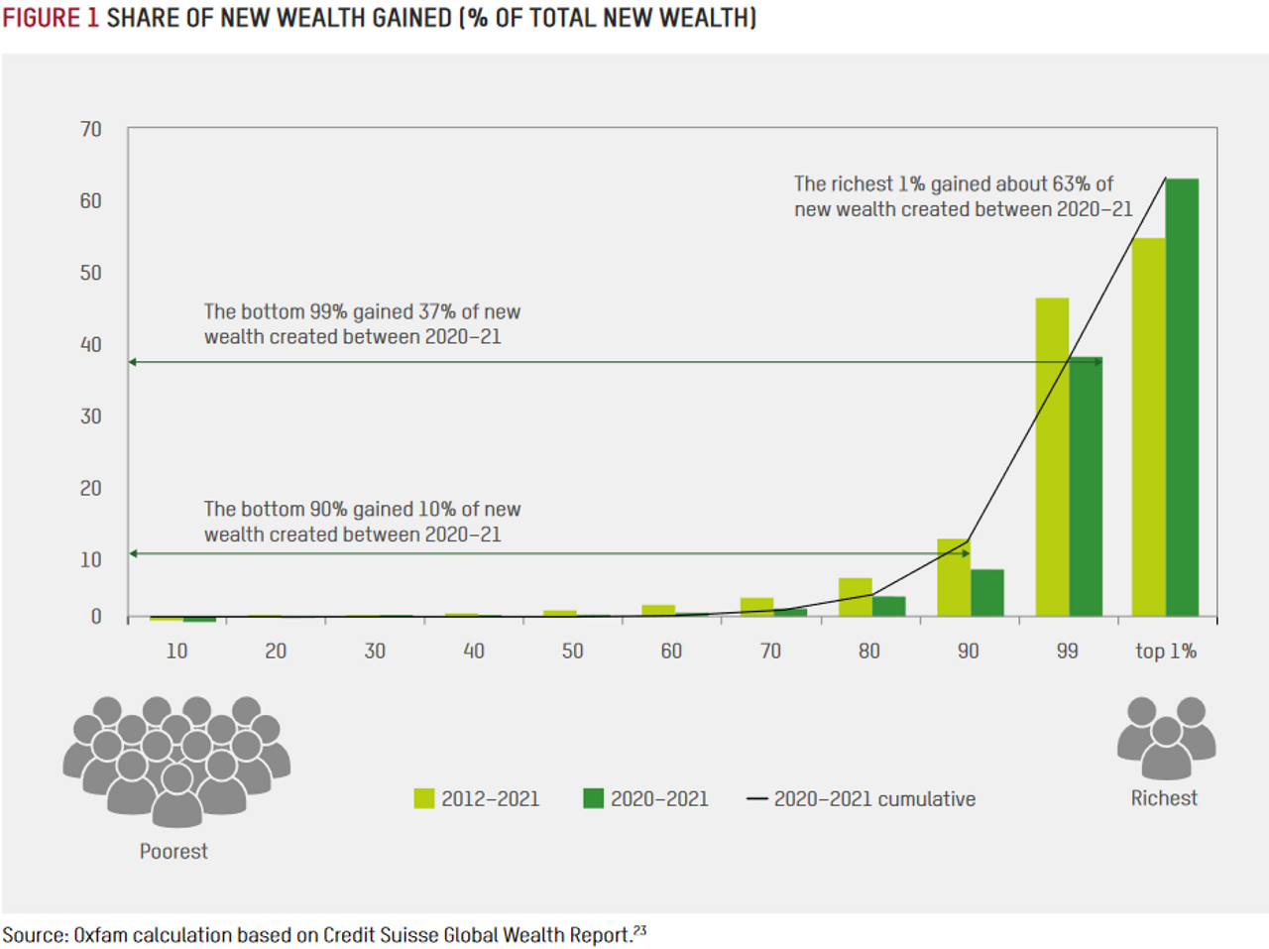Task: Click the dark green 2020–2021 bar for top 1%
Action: click(x=1182, y=397)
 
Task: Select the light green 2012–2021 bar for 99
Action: click(x=1052, y=456)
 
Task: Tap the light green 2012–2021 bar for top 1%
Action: click(x=1148, y=426)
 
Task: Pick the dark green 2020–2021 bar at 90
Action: click(x=987, y=592)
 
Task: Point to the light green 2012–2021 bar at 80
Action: click(x=855, y=597)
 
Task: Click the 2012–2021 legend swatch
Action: click(x=424, y=798)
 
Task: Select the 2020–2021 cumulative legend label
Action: click(x=874, y=799)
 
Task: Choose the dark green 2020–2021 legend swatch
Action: click(x=594, y=798)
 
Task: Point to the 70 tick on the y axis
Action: click(x=90, y=129)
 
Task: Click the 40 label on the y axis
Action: click(x=90, y=344)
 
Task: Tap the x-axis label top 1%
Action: click(x=1166, y=652)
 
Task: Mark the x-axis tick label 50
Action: click(x=572, y=652)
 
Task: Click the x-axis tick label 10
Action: click(x=176, y=652)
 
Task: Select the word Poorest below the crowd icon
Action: click(x=173, y=852)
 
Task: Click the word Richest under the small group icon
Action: click(x=1164, y=798)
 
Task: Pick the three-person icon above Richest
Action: click(x=1166, y=737)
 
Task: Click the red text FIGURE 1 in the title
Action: click(x=51, y=18)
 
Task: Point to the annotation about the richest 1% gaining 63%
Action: click(x=962, y=196)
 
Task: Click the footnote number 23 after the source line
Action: click(x=639, y=930)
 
